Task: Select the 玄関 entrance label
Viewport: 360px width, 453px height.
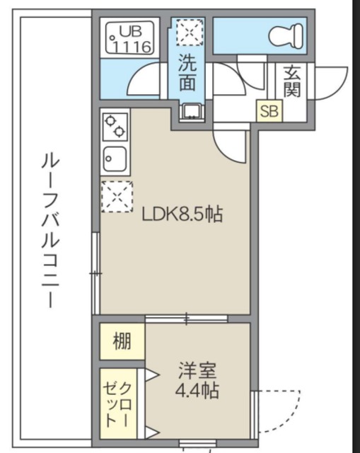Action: [x=294, y=81]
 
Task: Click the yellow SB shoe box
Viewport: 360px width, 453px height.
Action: [x=268, y=110]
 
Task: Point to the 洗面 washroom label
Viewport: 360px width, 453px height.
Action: [x=187, y=73]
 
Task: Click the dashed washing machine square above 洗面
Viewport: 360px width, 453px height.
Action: [x=189, y=33]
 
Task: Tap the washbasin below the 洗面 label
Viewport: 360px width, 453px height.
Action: [x=189, y=111]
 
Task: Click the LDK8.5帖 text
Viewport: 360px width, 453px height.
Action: [x=182, y=214]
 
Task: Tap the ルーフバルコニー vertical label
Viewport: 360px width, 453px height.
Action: [x=50, y=231]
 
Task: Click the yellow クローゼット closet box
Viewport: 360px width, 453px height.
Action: [x=121, y=403]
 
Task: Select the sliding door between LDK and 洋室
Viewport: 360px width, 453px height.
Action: [x=187, y=319]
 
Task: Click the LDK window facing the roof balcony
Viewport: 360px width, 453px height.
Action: [x=95, y=273]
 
